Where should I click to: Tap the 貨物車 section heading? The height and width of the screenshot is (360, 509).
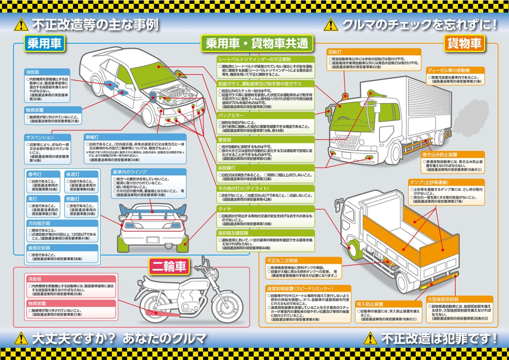pyautogui.click(x=464, y=43)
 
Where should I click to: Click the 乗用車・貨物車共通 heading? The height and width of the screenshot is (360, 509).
pyautogui.click(x=256, y=43)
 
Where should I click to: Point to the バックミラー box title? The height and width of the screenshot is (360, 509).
pyautogui.click(x=229, y=115)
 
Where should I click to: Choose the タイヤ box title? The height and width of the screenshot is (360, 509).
pyautogui.click(x=224, y=209)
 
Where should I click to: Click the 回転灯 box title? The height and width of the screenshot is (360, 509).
pyautogui.click(x=335, y=53)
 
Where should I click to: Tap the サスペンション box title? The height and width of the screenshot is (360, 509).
pyautogui.click(x=40, y=137)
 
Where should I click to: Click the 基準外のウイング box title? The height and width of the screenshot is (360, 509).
pyautogui.click(x=129, y=171)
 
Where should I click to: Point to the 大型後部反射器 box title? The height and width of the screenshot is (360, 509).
pyautogui.click(x=443, y=300)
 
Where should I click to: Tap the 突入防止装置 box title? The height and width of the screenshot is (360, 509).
pyautogui.click(x=370, y=304)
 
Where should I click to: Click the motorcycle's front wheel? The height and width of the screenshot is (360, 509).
pyautogui.click(x=229, y=307)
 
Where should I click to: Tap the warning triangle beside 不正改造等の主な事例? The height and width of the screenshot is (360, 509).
pyautogui.click(x=21, y=25)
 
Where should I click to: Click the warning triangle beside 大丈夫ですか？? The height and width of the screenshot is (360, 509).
pyautogui.click(x=21, y=338)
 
